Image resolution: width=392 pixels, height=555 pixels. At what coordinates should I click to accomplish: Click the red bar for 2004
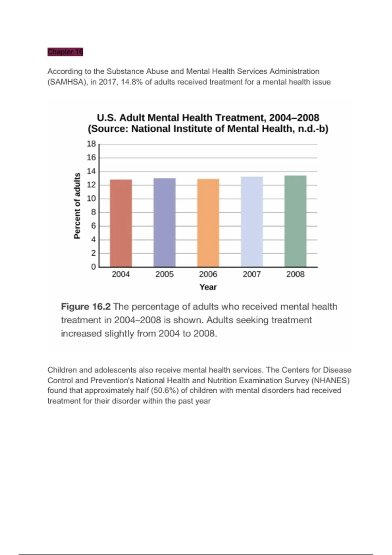(121, 223)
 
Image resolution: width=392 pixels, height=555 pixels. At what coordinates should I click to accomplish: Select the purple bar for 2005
(164, 223)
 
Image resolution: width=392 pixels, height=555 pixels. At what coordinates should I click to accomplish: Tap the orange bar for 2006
(208, 223)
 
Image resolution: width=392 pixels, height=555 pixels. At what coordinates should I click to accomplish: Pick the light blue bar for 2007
(252, 222)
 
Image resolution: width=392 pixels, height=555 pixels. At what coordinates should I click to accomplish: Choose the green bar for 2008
(295, 221)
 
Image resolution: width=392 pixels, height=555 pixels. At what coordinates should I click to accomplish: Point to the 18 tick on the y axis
(91, 144)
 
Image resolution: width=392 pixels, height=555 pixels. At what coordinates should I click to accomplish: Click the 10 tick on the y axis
(91, 198)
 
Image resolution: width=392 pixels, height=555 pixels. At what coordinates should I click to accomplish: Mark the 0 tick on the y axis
(93, 267)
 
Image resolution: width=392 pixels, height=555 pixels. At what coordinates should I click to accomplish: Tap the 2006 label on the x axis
(208, 274)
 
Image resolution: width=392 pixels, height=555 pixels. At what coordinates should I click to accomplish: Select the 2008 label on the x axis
(295, 274)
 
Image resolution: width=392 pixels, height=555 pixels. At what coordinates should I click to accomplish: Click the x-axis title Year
(208, 287)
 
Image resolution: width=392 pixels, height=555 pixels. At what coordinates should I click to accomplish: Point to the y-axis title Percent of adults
(77, 206)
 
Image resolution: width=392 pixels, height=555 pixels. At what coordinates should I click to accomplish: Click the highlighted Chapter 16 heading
(65, 52)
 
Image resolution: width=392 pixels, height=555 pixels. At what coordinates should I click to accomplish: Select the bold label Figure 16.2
(86, 307)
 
